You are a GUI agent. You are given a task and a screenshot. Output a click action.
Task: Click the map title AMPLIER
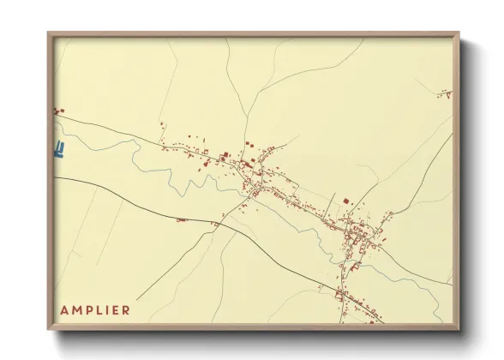tap(95, 310)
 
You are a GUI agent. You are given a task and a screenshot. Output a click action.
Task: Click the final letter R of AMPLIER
tap(126, 310)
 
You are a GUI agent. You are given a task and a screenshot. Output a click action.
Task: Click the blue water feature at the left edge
tap(59, 150)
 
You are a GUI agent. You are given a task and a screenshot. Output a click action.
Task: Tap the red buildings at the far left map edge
tap(58, 111)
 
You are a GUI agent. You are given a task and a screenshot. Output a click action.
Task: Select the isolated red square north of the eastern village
tap(345, 201)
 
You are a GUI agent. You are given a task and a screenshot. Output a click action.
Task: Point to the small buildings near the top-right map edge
tap(447, 93)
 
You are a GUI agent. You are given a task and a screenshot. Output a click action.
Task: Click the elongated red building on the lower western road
tap(181, 220)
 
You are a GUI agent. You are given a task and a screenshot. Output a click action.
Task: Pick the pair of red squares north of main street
tap(249, 144)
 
